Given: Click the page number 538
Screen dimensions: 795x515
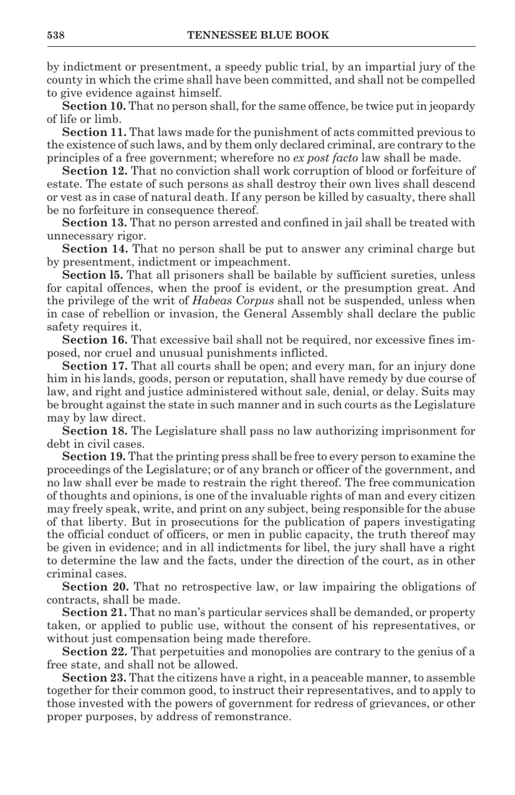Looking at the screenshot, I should tap(56, 36).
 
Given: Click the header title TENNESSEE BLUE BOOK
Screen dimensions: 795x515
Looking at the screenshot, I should tap(258, 36).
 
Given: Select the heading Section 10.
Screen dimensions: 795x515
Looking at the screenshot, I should tap(94, 106).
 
